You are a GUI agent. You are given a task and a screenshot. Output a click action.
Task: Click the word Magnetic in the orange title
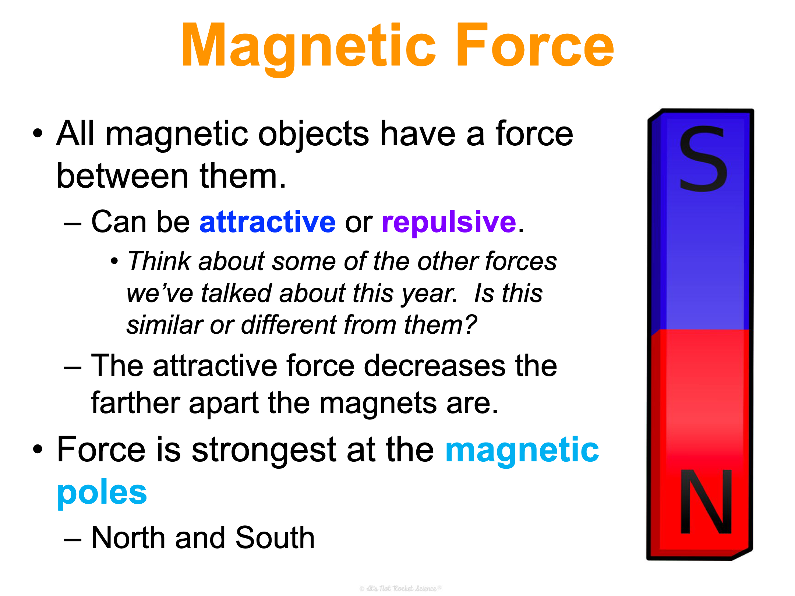(x=309, y=48)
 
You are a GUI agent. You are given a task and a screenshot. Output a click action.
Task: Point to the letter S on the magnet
(x=703, y=159)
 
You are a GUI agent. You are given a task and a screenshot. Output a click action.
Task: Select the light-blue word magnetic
(x=522, y=451)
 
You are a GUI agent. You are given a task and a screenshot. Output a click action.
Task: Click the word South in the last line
(x=275, y=538)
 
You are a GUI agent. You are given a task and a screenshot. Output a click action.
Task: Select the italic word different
(x=289, y=325)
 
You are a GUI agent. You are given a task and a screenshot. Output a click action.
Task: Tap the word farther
(x=135, y=403)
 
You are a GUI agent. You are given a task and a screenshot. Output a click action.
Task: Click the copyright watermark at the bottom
(x=400, y=588)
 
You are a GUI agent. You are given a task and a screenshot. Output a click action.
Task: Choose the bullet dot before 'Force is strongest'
(x=38, y=449)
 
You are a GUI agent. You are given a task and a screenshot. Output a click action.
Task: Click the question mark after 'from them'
(x=470, y=324)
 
